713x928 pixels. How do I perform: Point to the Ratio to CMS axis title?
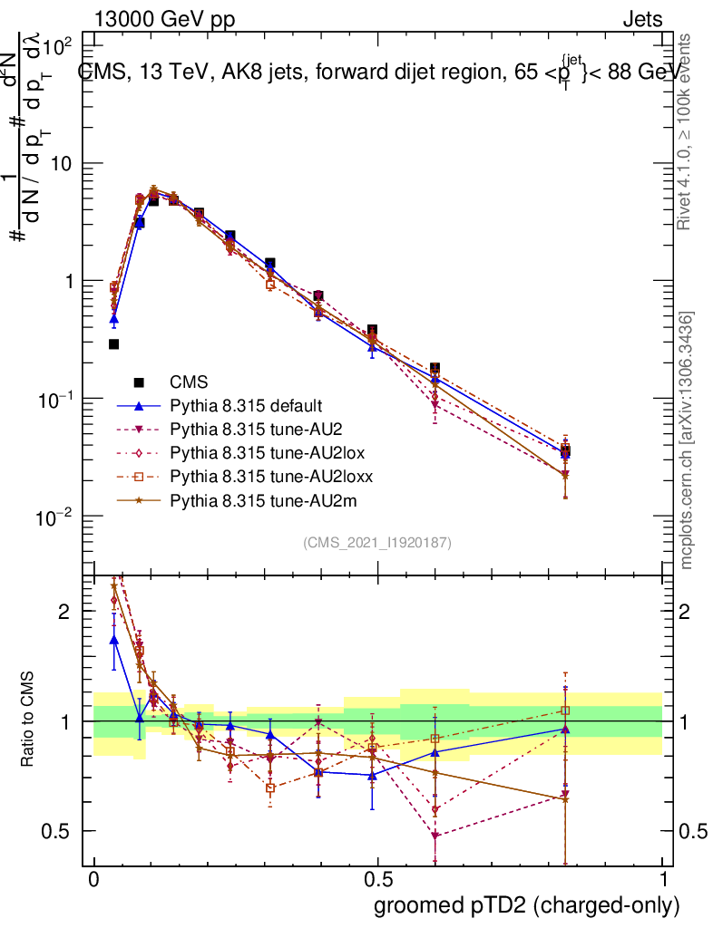29,720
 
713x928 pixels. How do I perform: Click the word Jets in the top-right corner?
642,20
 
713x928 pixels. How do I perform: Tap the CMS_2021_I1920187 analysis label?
377,543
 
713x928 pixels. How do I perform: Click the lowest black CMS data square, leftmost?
113,344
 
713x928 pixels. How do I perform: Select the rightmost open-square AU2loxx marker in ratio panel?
565,710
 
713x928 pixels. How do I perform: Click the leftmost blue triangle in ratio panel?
113,640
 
